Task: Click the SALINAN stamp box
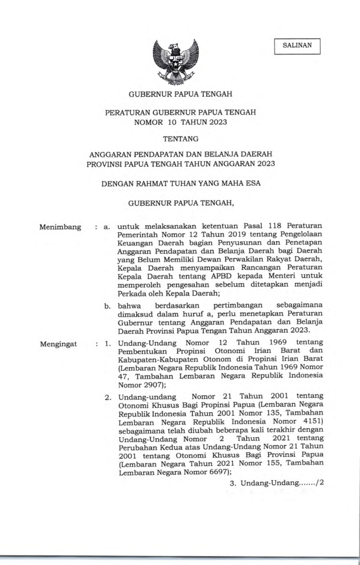pos(297,45)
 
